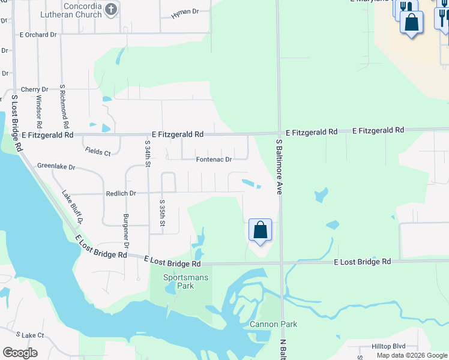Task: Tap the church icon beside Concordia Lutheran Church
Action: click(x=110, y=8)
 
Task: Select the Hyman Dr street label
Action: click(x=184, y=12)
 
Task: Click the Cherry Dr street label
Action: click(x=34, y=89)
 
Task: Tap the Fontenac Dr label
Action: click(x=214, y=160)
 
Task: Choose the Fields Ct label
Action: click(x=98, y=152)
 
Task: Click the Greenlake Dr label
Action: click(x=56, y=166)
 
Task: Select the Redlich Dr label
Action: click(x=121, y=193)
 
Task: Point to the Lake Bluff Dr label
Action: click(x=72, y=206)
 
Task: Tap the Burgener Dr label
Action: click(x=126, y=231)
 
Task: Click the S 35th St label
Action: click(x=162, y=213)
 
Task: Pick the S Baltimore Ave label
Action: click(x=279, y=167)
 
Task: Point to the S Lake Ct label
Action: click(x=30, y=334)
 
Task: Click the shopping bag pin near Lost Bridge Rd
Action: click(x=260, y=230)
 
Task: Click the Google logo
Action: click(x=20, y=353)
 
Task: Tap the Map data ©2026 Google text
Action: click(x=411, y=355)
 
